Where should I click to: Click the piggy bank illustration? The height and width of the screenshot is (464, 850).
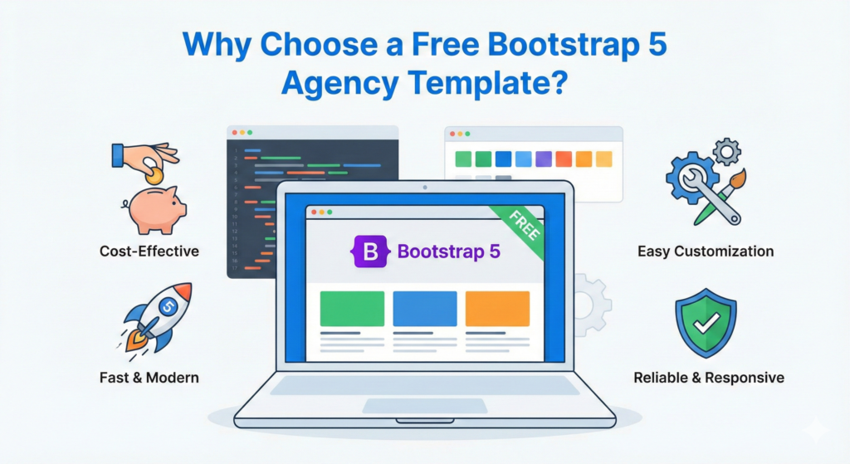(155, 209)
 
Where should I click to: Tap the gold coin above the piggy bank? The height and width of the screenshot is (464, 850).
(154, 175)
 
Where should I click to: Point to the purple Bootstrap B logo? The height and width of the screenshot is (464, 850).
(370, 251)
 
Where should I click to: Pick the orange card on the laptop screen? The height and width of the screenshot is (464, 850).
(497, 309)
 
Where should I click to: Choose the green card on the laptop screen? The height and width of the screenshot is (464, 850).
(352, 309)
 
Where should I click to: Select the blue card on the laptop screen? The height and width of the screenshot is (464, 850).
(424, 309)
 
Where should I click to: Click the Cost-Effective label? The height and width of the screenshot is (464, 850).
(149, 251)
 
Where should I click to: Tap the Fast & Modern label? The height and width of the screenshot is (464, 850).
(149, 378)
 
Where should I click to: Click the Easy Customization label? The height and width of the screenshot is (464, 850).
(706, 251)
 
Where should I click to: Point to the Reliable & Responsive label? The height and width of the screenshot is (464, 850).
(708, 378)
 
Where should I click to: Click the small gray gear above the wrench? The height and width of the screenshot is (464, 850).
(726, 151)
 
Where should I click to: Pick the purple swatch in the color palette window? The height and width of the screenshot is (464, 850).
(544, 159)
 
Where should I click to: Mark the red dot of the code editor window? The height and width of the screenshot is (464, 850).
(235, 133)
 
